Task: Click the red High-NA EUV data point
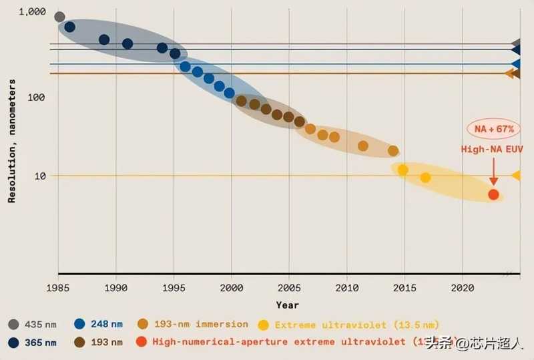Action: pos(493,194)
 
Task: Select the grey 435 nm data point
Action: pos(59,17)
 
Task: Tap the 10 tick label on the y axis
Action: pos(39,176)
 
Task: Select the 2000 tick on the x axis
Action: pos(232,288)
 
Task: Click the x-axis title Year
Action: pos(288,305)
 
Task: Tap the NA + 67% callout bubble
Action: pos(494,128)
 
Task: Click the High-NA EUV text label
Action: pos(494,150)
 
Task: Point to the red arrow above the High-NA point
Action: pos(493,174)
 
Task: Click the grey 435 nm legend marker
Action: pos(13,325)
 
